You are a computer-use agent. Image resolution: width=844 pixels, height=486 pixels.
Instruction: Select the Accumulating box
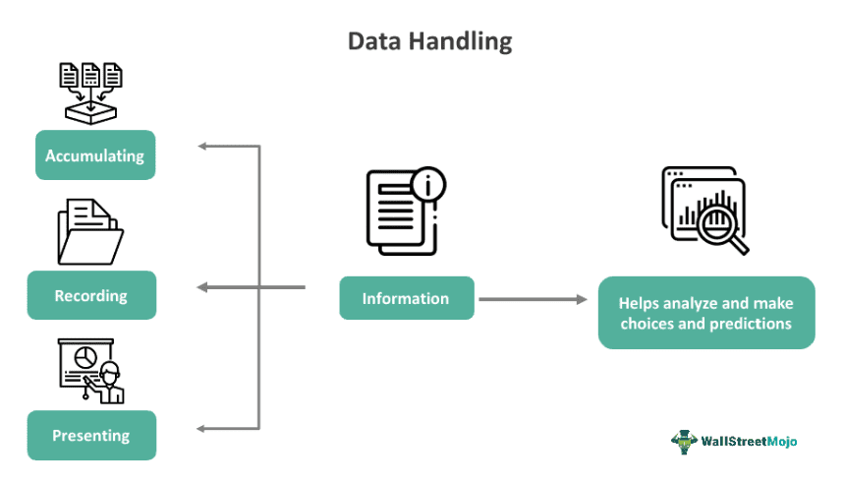point(95,155)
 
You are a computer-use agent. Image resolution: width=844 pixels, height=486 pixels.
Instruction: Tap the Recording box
point(91,295)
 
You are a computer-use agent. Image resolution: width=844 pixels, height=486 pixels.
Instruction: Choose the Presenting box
point(91,435)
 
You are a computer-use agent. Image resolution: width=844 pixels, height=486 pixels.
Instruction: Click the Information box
point(406,298)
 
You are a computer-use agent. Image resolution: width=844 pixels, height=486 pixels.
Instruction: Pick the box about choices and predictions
point(705,313)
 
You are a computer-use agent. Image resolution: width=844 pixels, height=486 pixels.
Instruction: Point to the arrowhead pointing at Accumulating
point(202,147)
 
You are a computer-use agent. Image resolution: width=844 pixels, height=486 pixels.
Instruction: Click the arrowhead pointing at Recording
point(202,287)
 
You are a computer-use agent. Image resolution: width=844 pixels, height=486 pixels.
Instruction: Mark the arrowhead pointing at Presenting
point(202,428)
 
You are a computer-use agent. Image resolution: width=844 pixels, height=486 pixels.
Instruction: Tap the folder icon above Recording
point(89,231)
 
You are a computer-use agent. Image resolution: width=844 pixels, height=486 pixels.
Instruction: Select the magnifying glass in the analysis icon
point(717,220)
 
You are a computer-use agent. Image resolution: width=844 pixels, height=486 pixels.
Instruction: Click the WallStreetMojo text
point(749,442)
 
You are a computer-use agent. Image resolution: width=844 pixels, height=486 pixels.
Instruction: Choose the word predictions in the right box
point(752,323)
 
